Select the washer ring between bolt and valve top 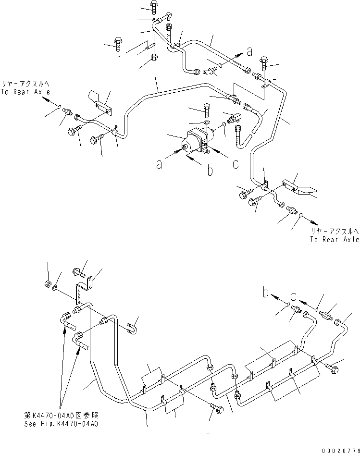point(206,124)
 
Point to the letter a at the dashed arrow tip point(249,50)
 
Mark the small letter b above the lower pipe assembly point(266,292)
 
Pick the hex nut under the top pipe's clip point(155,59)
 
